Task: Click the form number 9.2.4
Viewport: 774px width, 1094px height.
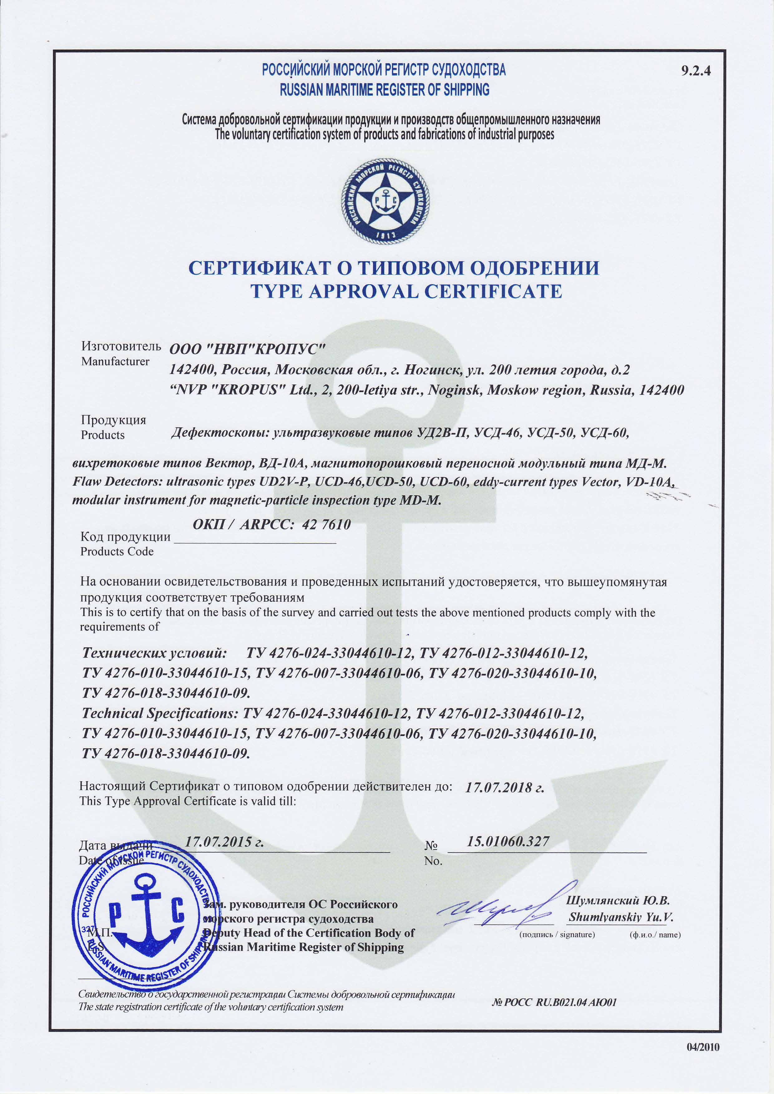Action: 696,71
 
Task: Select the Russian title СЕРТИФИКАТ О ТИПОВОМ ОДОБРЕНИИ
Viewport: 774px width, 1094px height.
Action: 394,268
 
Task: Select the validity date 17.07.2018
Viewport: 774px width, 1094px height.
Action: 504,787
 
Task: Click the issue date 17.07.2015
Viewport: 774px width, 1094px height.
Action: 224,841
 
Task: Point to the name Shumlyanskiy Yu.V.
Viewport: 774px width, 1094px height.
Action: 620,917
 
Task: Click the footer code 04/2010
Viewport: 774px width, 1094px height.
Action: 703,1047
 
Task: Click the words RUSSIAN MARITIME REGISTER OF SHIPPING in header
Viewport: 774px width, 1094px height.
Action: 384,90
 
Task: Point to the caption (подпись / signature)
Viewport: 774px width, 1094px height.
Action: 557,935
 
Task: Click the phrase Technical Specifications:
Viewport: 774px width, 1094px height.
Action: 160,713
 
